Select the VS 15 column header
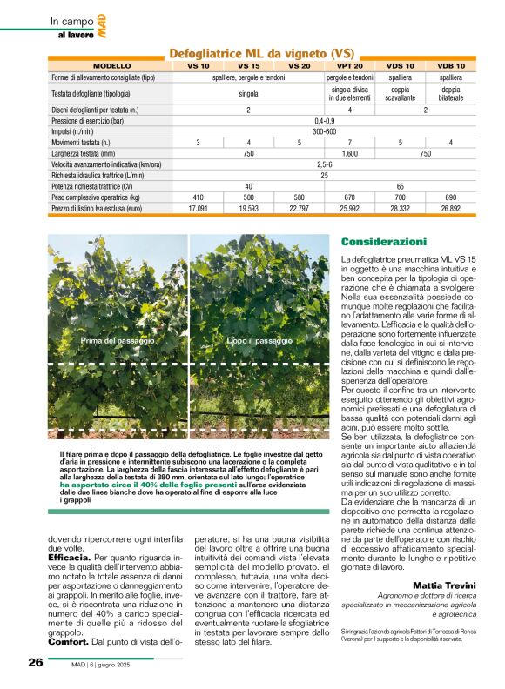(248, 66)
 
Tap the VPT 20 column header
(349, 66)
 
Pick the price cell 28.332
(400, 209)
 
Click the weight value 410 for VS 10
(198, 197)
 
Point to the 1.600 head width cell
(349, 152)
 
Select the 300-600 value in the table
(324, 130)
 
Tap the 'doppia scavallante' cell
(400, 94)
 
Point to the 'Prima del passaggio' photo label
(118, 341)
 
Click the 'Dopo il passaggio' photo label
(259, 341)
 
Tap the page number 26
(35, 662)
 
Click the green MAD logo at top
(102, 25)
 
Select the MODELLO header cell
(111, 66)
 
